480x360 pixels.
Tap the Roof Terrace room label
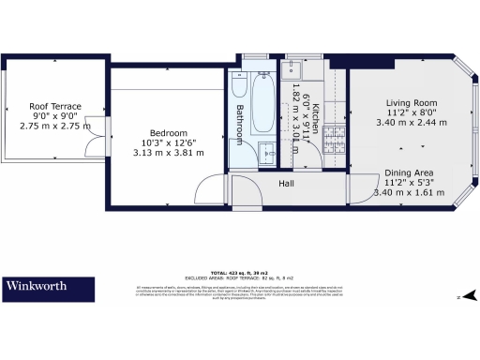[55, 107]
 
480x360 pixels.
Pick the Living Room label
[412, 102]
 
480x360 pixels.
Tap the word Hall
[287, 183]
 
